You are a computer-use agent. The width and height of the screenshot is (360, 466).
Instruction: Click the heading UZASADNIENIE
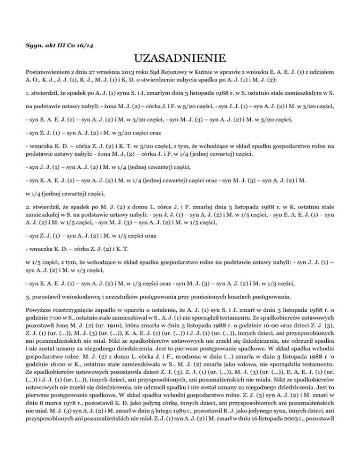click(x=180, y=59)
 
